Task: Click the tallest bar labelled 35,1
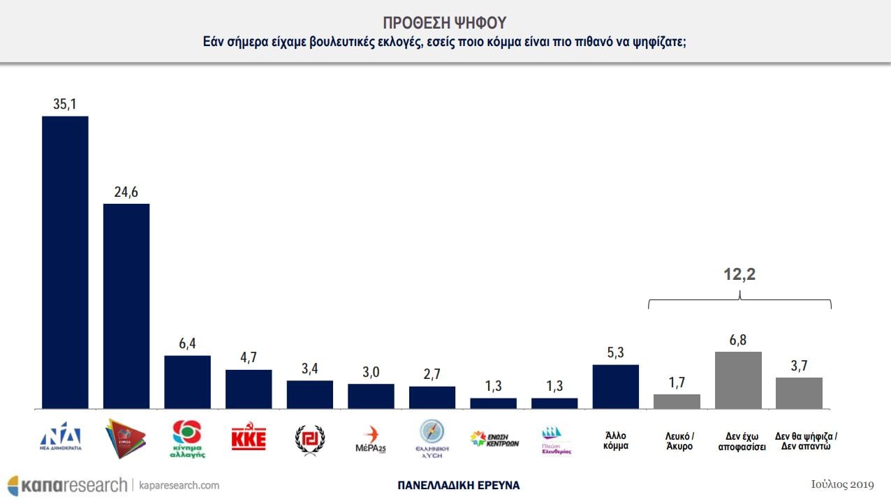[65, 262]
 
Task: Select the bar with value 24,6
[126, 306]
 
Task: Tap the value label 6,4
[187, 344]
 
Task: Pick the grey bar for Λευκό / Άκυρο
[677, 401]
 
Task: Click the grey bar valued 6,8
[738, 380]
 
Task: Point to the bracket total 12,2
[739, 275]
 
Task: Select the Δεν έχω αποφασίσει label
[739, 441]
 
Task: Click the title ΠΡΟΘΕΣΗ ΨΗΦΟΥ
[445, 22]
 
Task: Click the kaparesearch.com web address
[179, 485]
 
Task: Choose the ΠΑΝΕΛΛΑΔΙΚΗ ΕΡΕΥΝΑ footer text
[458, 485]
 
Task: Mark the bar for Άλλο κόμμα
[616, 386]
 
